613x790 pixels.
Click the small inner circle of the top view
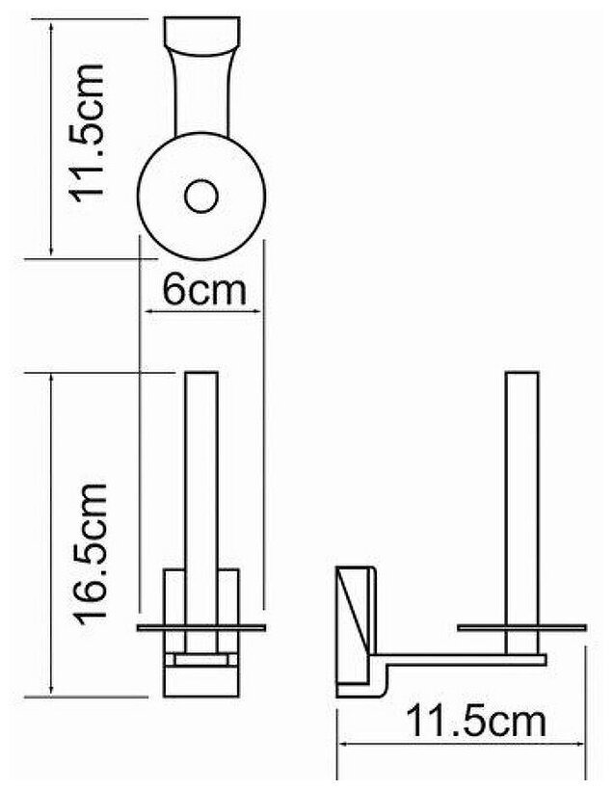coord(201,197)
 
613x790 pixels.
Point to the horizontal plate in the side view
coord(521,629)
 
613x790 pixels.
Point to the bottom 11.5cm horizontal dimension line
coord(463,743)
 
